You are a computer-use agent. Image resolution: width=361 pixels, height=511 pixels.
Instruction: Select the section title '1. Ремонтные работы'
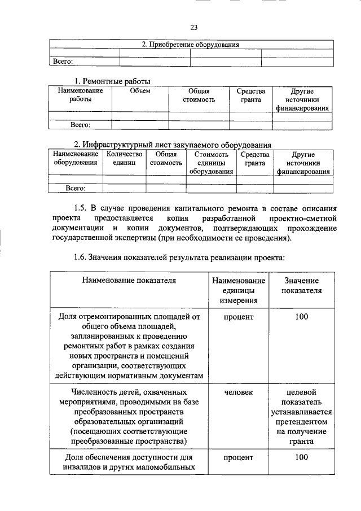pyautogui.click(x=113, y=81)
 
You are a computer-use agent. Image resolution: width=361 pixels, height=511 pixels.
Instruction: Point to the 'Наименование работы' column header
pyautogui.click(x=80, y=95)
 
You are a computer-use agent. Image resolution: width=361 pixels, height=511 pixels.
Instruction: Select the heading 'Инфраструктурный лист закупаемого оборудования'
pyautogui.click(x=177, y=144)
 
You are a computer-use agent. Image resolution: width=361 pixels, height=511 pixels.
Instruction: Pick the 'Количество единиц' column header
pyautogui.click(x=124, y=158)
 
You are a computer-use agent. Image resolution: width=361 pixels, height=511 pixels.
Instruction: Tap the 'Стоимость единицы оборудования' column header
pyautogui.click(x=211, y=163)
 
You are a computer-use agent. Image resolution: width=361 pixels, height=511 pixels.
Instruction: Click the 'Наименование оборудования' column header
pyautogui.click(x=76, y=158)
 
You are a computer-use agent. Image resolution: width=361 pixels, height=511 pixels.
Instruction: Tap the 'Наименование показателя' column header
pyautogui.click(x=129, y=280)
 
